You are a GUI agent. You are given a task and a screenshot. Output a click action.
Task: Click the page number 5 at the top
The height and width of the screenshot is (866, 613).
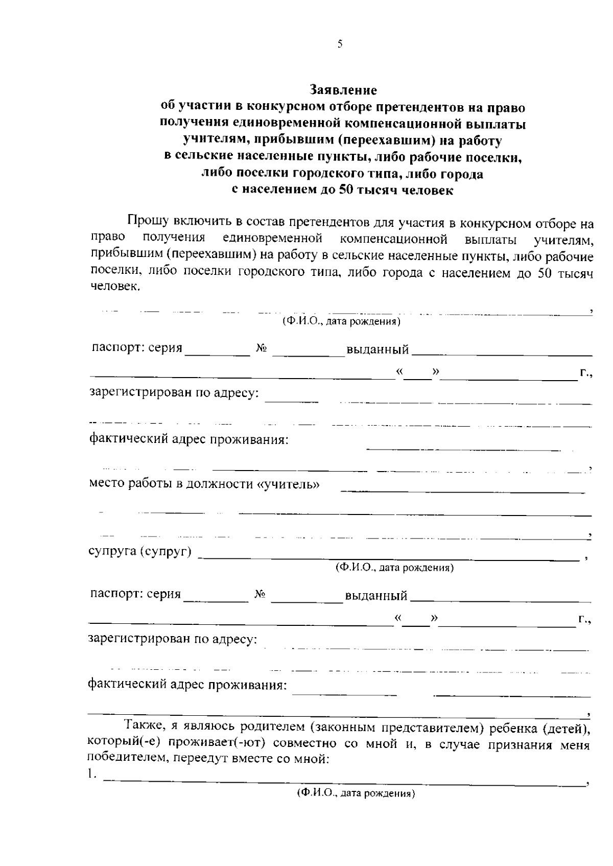point(340,44)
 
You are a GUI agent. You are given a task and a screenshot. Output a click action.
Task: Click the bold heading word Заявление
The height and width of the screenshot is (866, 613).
point(343,90)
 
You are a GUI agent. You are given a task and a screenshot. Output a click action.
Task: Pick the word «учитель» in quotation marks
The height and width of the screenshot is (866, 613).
point(290,484)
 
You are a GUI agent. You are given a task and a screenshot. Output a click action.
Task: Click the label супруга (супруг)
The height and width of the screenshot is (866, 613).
point(140,552)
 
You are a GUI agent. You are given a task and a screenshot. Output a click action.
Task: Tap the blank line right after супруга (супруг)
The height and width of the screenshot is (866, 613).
point(388,559)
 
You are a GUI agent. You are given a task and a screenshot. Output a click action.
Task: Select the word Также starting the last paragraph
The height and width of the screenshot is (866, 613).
point(143,727)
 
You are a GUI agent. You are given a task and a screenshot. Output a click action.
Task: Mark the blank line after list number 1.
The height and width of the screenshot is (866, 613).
point(345,782)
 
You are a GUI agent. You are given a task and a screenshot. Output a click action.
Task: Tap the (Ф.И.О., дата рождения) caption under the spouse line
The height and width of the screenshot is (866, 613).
point(394,568)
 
